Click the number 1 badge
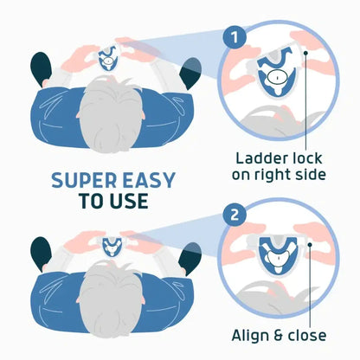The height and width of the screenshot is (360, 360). (x=235, y=37)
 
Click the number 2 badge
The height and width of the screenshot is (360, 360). (x=235, y=215)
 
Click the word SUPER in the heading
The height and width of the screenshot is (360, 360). (x=84, y=181)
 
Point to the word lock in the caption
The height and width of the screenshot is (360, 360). (x=306, y=158)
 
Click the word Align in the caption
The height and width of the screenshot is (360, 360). (x=249, y=336)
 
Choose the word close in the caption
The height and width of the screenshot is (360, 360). (x=307, y=336)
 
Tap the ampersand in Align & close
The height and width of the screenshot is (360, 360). (x=278, y=336)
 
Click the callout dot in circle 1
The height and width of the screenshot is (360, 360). (x=305, y=53)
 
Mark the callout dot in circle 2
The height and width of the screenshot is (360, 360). (x=310, y=245)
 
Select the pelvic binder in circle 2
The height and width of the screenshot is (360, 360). (x=278, y=254)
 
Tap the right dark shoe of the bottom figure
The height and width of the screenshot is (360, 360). (x=190, y=258)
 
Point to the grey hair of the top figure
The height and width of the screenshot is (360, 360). (x=111, y=114)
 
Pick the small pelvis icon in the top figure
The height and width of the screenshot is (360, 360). (x=108, y=60)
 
